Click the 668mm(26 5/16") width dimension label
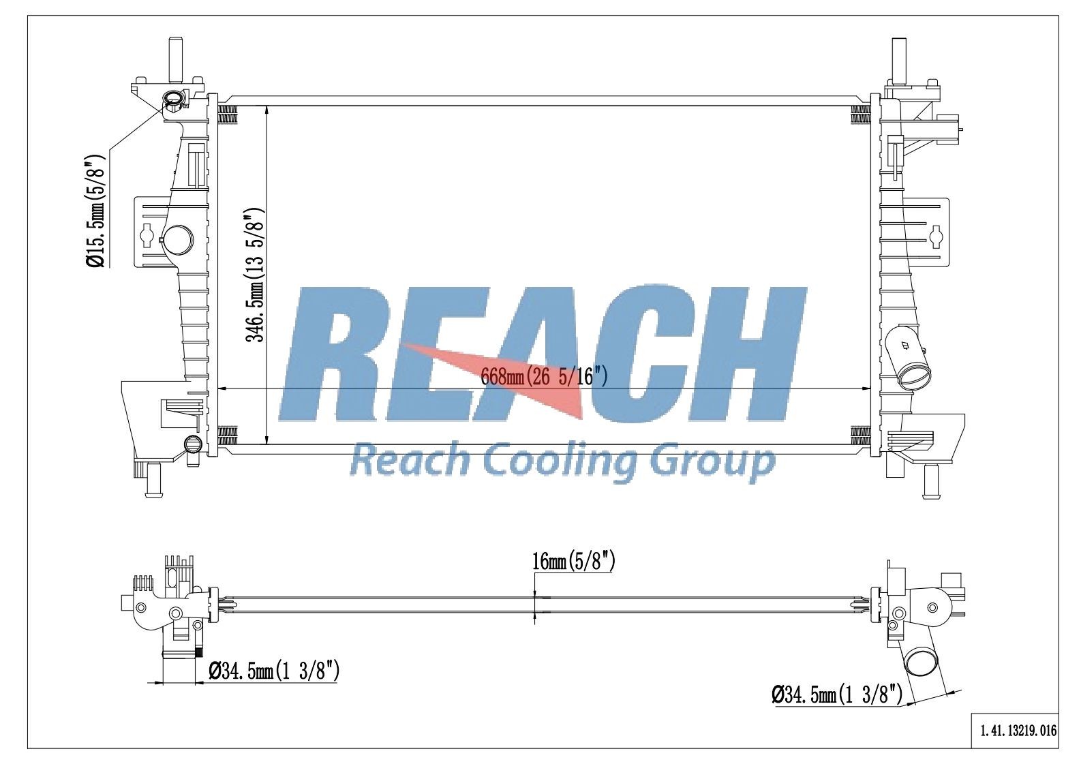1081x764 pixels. point(544,376)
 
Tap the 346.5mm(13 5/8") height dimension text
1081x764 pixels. point(256,275)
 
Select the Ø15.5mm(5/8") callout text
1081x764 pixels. point(95,211)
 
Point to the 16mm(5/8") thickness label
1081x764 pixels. point(574,562)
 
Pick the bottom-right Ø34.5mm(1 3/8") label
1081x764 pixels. point(837,695)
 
